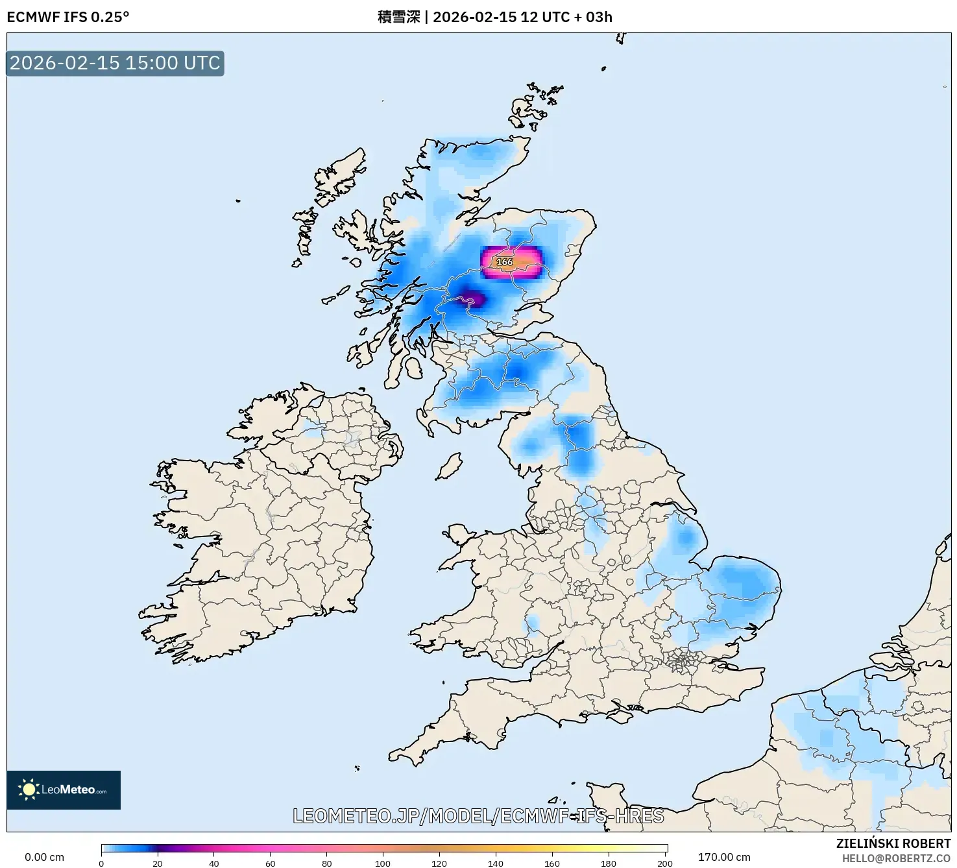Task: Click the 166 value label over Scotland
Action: pyautogui.click(x=504, y=261)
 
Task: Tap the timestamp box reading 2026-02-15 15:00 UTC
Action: pyautogui.click(x=115, y=63)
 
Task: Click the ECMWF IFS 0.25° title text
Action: pyautogui.click(x=68, y=17)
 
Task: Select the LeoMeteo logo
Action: pyautogui.click(x=64, y=790)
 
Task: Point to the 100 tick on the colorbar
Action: pyautogui.click(x=383, y=863)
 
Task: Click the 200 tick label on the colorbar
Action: pyautogui.click(x=664, y=863)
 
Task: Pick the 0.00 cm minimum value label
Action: pyautogui.click(x=44, y=857)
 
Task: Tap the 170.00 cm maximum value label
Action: pyautogui.click(x=724, y=857)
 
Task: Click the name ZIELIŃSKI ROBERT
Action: pyautogui.click(x=893, y=843)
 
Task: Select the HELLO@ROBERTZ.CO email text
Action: pyautogui.click(x=896, y=858)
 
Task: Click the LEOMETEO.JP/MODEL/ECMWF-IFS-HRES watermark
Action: pyautogui.click(x=478, y=815)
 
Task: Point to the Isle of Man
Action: pyautogui.click(x=448, y=466)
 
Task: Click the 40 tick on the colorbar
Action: pyautogui.click(x=214, y=863)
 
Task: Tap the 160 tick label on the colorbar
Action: pyautogui.click(x=552, y=863)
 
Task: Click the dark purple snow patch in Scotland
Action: pyautogui.click(x=474, y=298)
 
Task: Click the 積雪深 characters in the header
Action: pyautogui.click(x=398, y=17)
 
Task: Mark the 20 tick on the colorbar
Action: pyautogui.click(x=158, y=863)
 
